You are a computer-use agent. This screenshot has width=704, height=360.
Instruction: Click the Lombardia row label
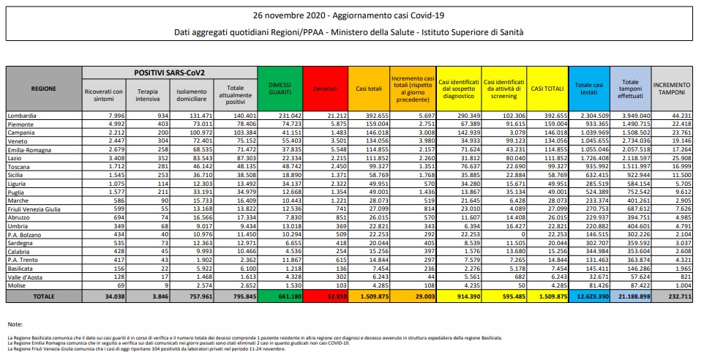[x=23, y=116]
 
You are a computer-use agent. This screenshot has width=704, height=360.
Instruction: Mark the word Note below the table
[x=15, y=323]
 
